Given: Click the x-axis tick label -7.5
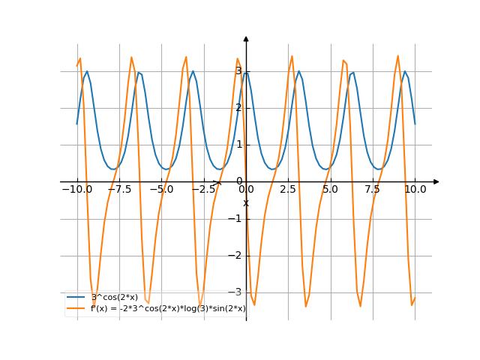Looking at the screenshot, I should tap(119, 190).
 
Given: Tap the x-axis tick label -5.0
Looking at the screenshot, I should tap(161, 190).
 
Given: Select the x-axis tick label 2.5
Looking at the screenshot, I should tap(288, 190).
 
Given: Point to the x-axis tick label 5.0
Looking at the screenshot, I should tap(330, 190).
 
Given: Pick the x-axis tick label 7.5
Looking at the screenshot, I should tap(373, 190).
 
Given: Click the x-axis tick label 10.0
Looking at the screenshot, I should tap(415, 190).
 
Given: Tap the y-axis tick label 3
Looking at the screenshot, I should tap(238, 71).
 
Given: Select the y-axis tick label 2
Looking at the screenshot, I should tap(238, 108).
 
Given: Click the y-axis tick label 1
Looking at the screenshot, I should tap(238, 145).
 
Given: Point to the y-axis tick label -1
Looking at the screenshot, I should tap(237, 218).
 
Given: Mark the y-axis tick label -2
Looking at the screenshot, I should tap(237, 255).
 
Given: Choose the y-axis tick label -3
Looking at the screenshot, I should tap(237, 292).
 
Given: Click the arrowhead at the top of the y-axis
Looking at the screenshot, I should tap(246, 38).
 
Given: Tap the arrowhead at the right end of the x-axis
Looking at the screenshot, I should tap(436, 181).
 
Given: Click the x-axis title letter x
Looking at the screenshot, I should tap(245, 203).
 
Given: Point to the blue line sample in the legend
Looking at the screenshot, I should tap(76, 298).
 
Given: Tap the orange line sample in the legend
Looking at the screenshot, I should tap(76, 308).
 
